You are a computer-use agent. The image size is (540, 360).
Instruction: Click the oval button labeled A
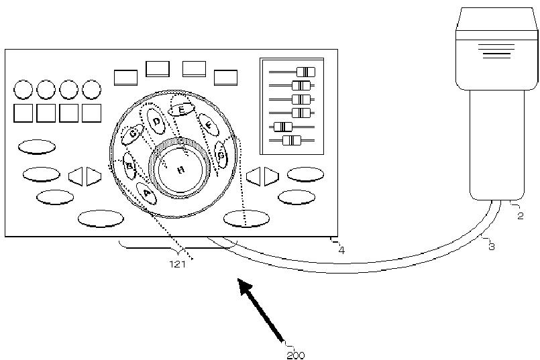146,193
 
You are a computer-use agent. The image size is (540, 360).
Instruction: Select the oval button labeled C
132,136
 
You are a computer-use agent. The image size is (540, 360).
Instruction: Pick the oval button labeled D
157,121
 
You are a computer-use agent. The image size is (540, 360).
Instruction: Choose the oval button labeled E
181,110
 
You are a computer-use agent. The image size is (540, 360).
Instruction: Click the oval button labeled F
209,125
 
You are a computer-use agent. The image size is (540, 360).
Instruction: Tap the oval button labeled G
221,155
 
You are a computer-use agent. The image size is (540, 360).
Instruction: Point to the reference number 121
178,263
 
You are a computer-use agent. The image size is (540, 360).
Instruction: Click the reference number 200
295,355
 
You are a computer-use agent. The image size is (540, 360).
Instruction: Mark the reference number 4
341,251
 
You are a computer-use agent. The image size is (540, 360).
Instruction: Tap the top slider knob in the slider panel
305,72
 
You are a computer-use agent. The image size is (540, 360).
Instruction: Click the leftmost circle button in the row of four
23,88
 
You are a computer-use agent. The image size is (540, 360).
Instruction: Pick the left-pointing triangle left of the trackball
75,176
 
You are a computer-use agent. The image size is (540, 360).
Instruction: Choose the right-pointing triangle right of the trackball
270,176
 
